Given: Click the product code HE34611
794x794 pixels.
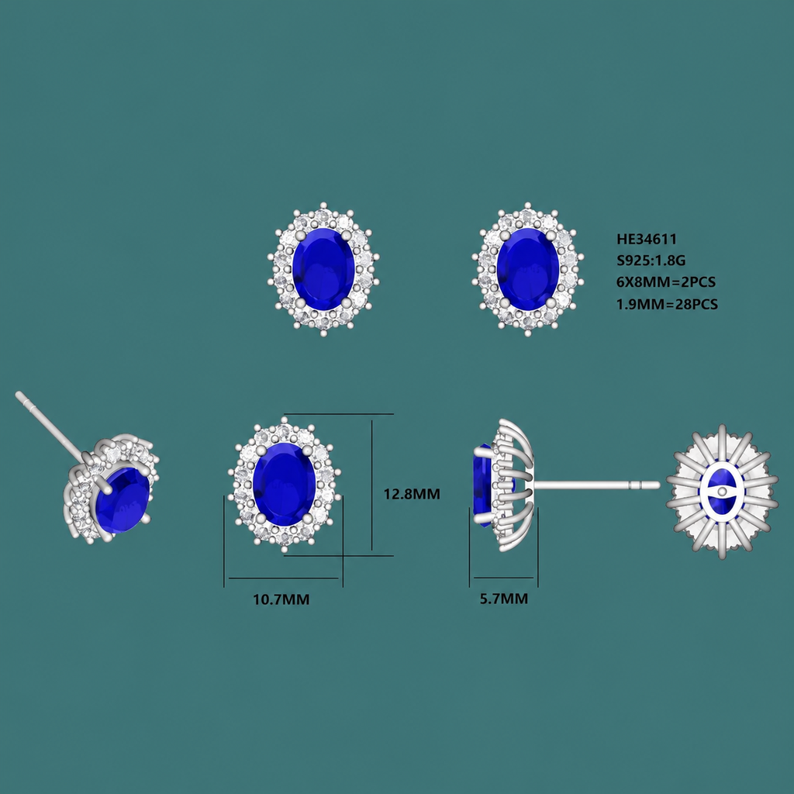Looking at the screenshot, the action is pos(646,239).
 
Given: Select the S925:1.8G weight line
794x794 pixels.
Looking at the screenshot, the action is pos(651,261).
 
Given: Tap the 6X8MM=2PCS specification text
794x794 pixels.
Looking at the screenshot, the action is pos(666,282).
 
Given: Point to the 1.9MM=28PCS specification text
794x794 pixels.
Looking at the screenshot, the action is pos(667,304).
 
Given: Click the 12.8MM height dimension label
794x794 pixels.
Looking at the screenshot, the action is pos(411,494).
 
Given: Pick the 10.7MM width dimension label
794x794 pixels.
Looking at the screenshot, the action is pos(281,599).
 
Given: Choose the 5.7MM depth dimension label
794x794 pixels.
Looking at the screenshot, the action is pos(504,599).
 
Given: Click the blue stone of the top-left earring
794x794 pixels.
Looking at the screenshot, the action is pos(323,269).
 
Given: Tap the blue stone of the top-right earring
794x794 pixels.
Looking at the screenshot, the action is pos(528,269).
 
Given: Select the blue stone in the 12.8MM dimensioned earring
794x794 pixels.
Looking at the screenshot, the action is pos(284,484).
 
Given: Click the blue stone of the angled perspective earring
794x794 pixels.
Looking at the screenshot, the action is pos(123,500).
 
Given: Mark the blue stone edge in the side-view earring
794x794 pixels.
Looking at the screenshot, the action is pos(482,485).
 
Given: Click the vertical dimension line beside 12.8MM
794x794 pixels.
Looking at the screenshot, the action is pos(372,485).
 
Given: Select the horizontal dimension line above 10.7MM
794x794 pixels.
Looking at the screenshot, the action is pos(283,578).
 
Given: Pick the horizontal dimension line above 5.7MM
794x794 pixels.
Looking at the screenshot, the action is pos(504,577).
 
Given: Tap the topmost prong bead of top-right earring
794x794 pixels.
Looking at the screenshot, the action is pos(528,205).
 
